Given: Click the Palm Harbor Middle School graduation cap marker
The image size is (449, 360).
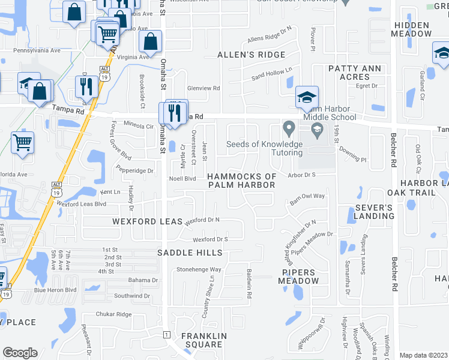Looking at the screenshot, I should (x=306, y=98).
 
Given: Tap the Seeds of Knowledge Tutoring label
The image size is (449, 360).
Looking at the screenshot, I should (x=264, y=148).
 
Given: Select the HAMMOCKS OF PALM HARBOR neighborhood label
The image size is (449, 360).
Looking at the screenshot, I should (x=242, y=181).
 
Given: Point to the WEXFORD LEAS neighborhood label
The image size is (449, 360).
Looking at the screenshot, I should (x=147, y=221).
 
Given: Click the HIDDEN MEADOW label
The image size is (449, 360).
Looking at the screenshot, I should (x=411, y=29).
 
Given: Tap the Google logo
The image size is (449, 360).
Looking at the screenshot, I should (x=20, y=353).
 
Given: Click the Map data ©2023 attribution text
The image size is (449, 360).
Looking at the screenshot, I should (x=423, y=355).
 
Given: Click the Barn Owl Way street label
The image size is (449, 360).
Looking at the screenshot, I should (x=307, y=196).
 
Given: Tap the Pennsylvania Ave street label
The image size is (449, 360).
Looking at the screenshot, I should (x=37, y=51).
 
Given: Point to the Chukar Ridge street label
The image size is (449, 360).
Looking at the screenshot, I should (x=113, y=314).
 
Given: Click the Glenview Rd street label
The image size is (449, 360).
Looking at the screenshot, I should (x=204, y=88).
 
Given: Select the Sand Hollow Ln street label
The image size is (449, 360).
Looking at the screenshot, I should (x=272, y=74).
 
